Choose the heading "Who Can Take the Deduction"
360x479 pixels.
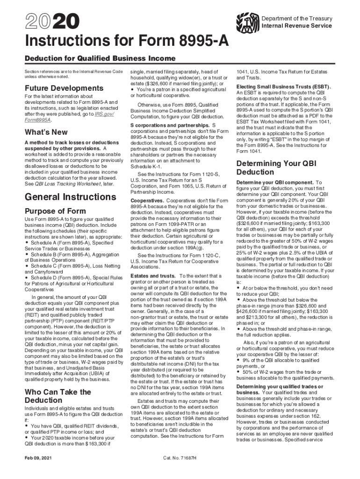58,396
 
